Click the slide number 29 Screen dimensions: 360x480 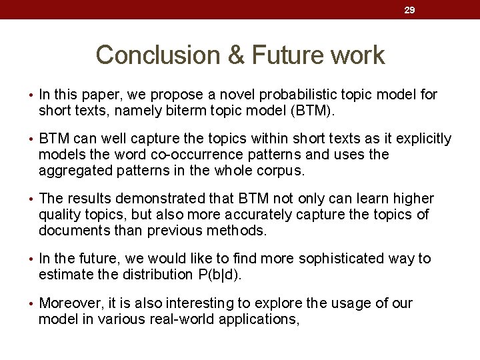pos(410,10)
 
